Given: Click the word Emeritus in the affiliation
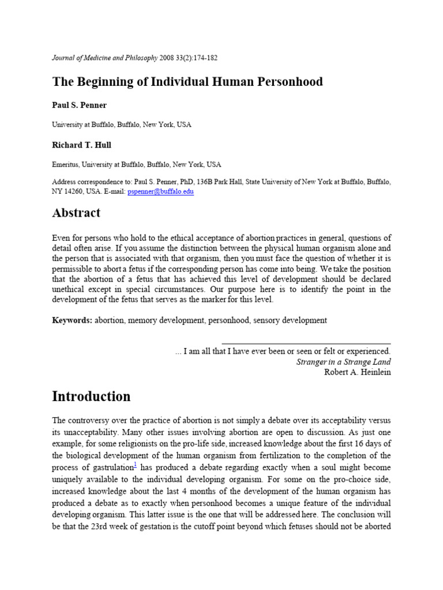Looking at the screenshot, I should [x=65, y=164].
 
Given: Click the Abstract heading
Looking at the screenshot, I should [x=76, y=213].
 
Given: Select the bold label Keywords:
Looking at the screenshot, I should [x=72, y=320].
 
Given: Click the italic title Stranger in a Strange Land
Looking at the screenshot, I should [x=343, y=362].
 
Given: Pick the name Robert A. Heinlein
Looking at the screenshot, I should [x=358, y=372].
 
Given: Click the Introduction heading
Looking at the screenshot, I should [x=91, y=397].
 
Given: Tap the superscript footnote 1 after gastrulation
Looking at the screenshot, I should [x=134, y=463].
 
